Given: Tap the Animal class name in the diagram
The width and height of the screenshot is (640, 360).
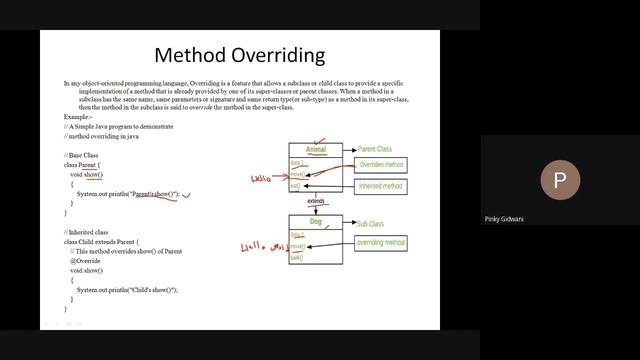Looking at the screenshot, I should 316,150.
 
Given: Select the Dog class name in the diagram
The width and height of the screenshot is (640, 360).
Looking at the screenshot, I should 316,223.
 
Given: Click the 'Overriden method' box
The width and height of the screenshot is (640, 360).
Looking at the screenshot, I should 380,164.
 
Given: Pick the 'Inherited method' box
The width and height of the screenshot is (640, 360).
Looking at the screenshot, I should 380,186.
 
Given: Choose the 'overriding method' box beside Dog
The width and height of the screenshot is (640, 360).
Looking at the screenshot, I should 380,243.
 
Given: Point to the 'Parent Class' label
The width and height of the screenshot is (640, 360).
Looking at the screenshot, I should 374,149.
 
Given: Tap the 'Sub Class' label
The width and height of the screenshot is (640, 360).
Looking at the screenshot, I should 369,224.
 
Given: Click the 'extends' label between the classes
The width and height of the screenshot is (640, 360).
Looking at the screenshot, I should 317,201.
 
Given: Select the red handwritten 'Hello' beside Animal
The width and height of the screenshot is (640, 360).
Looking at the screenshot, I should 263,178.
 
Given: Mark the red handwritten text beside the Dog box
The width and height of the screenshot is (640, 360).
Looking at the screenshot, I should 262,246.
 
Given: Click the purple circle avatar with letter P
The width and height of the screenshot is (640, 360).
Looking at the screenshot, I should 559,181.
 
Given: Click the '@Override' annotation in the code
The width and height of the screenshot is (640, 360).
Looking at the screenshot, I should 85,260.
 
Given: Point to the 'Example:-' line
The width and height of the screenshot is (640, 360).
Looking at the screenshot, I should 77,116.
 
